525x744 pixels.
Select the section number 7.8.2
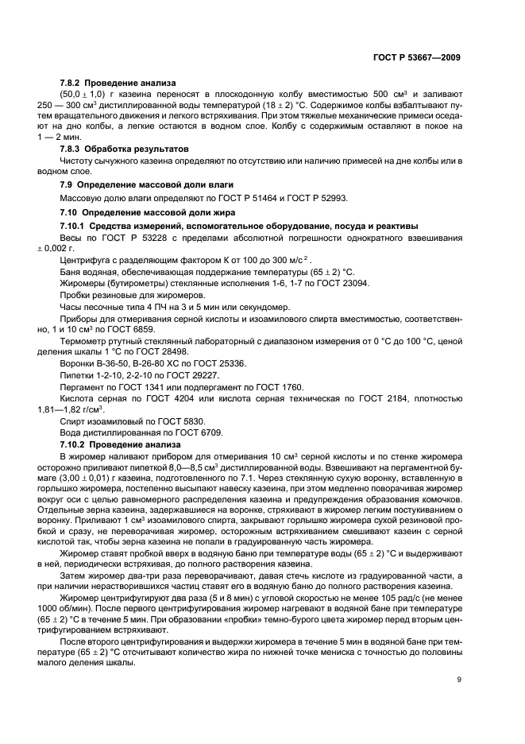(72, 83)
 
